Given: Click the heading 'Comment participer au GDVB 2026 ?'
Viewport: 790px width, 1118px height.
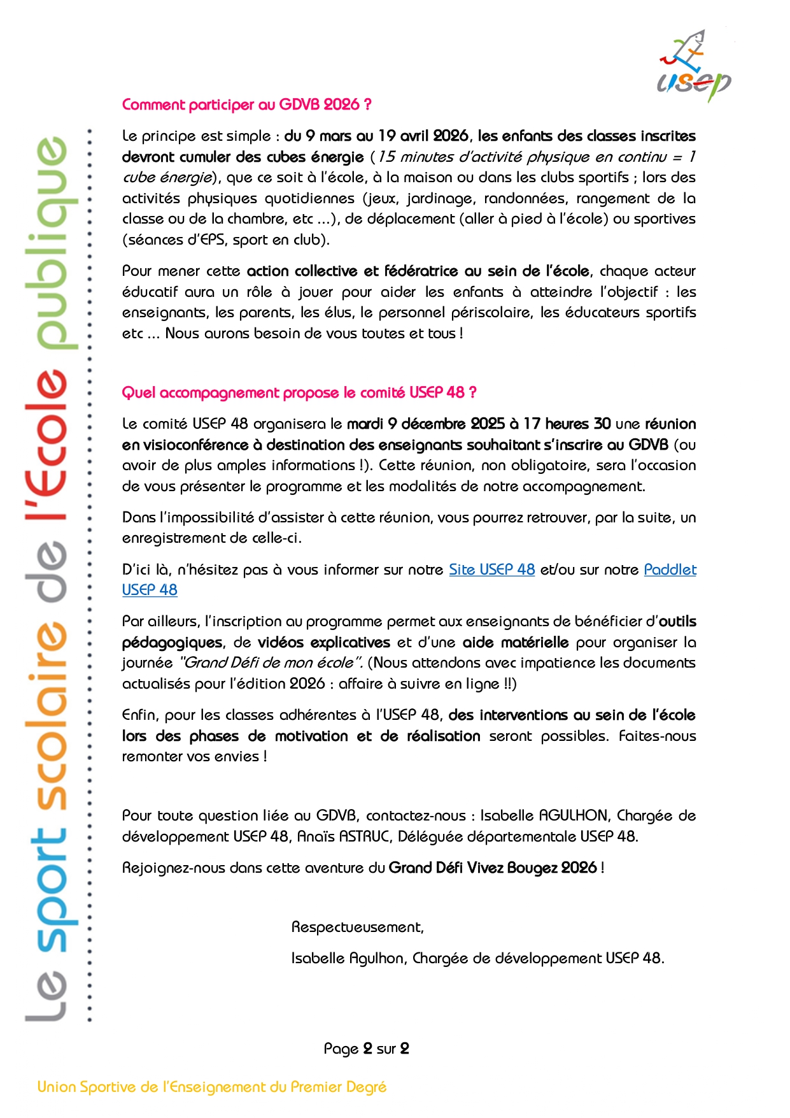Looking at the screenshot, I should (246, 104).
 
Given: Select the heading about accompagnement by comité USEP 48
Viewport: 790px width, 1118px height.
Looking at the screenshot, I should (299, 392).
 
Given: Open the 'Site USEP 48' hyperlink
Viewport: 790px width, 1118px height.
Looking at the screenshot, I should (491, 570).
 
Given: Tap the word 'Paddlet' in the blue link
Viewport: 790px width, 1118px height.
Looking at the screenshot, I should (670, 570).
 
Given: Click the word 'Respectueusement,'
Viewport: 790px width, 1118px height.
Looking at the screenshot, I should (357, 927).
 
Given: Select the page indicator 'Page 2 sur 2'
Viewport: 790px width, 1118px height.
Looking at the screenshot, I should (366, 1049).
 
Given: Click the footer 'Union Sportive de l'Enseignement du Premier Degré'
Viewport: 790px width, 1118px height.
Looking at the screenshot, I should (212, 1087).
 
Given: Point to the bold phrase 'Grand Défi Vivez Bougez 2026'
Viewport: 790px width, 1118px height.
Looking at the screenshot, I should (493, 868).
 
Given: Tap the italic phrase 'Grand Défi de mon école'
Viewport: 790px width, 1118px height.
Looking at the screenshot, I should (270, 663).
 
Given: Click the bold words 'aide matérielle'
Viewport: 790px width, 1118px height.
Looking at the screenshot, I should (515, 642).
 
